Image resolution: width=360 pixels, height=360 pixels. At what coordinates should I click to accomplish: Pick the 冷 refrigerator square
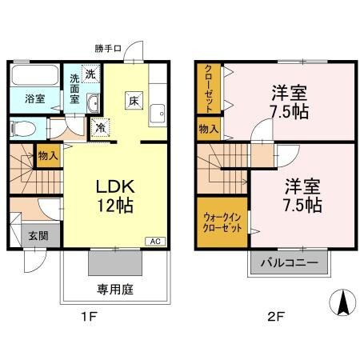tap(102, 126)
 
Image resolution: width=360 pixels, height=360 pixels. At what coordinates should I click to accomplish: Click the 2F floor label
tap(275, 317)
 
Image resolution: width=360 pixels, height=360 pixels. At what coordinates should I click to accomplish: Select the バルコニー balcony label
tap(290, 262)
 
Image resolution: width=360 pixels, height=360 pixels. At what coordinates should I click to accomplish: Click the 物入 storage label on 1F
tap(48, 154)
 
